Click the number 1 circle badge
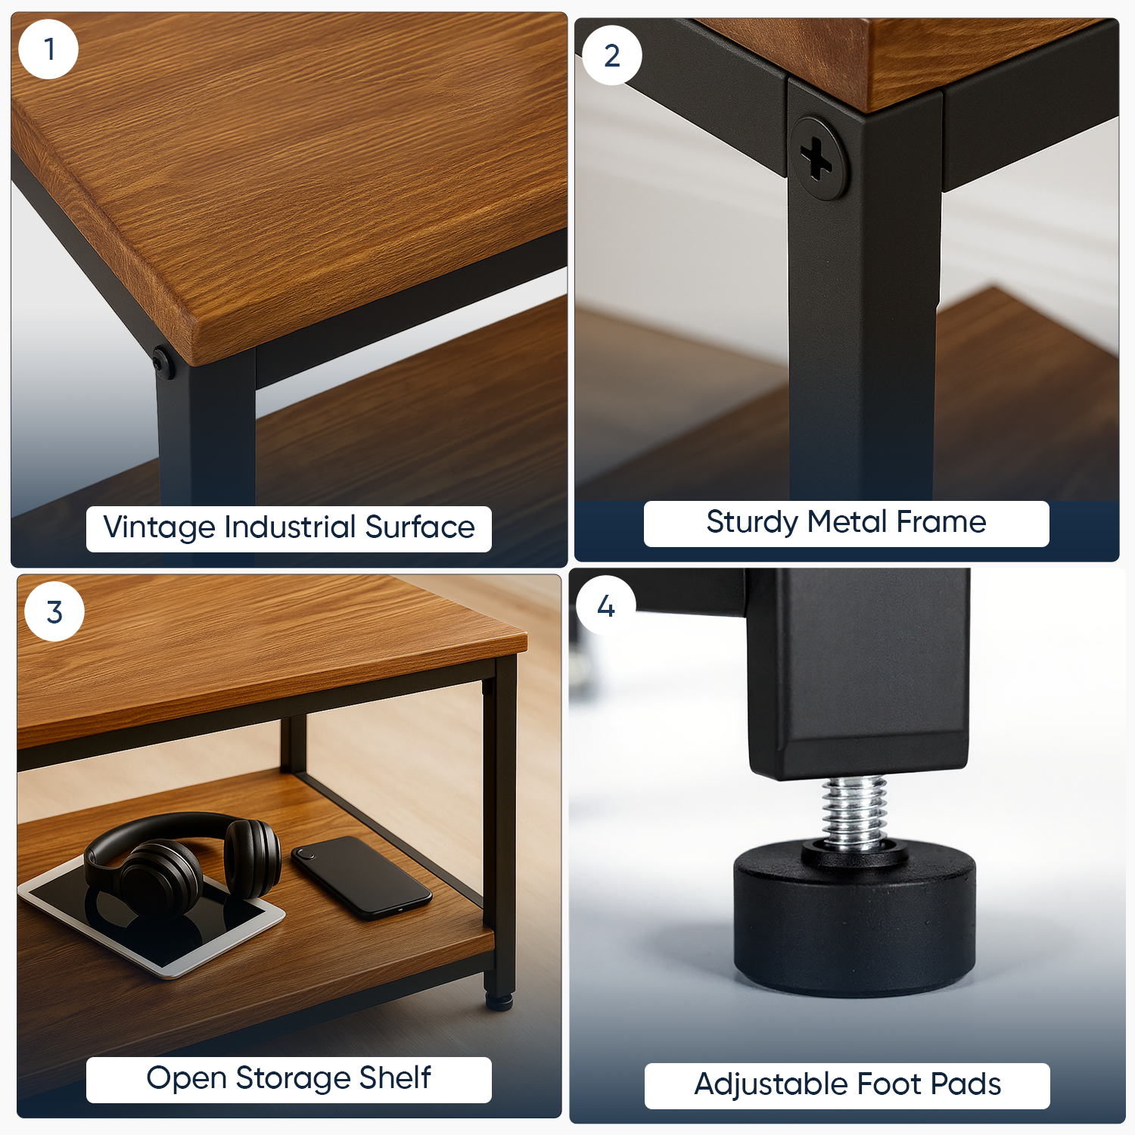48,49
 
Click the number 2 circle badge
611,55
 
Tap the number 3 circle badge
54,611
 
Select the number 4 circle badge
605,605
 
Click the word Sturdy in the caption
753,522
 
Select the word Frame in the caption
941,521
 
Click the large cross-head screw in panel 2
817,158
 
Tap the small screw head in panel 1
162,363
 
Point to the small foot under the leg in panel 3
499,1000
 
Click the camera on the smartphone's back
304,854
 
